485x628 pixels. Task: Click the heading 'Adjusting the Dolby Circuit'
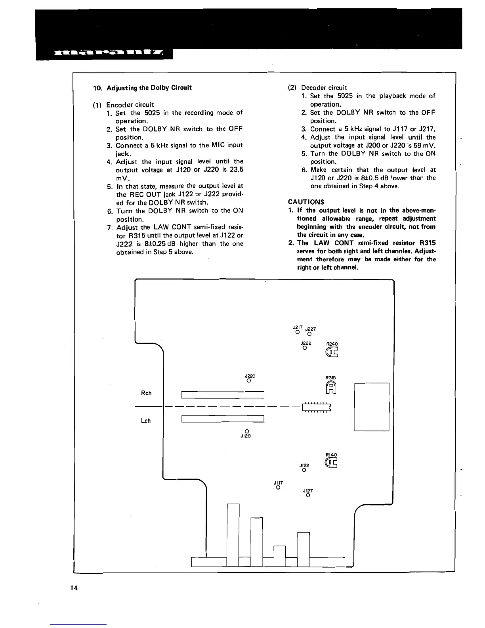(x=149, y=88)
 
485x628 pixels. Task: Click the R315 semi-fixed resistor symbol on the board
(x=331, y=388)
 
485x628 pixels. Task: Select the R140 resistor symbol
(x=331, y=463)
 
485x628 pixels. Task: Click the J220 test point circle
(x=248, y=381)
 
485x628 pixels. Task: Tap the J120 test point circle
(x=246, y=431)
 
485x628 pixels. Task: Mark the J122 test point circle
(x=304, y=470)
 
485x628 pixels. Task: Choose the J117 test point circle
(x=278, y=488)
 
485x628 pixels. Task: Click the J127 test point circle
(x=308, y=495)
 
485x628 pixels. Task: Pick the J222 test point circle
(x=304, y=348)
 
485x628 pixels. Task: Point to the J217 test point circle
(x=297, y=332)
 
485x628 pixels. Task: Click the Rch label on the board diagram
(x=146, y=393)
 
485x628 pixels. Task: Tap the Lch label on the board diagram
(x=146, y=421)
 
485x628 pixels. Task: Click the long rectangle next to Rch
(x=222, y=394)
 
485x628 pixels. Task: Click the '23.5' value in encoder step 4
(x=236, y=170)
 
